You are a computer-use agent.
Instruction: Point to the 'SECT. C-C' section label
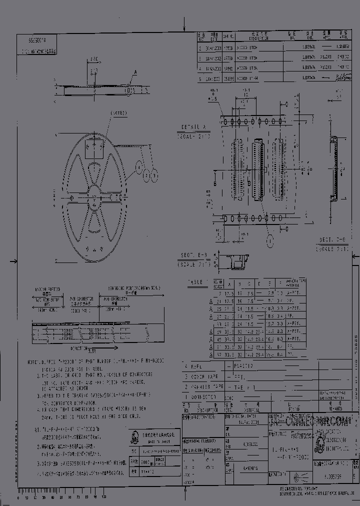click(331, 240)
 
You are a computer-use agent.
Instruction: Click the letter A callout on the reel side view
click(134, 73)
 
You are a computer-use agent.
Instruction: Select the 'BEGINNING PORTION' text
click(132, 288)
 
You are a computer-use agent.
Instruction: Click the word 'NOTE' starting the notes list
click(34, 360)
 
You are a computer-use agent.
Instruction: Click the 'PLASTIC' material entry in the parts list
click(243, 366)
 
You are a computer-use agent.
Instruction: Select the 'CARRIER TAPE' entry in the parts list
click(202, 387)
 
